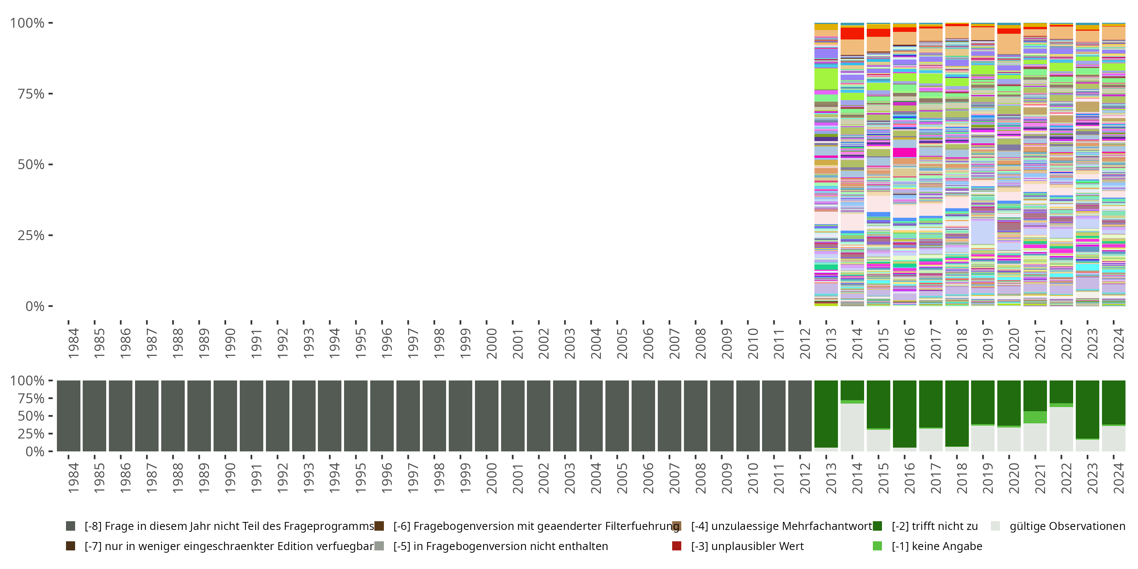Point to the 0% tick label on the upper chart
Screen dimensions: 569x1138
pyautogui.click(x=35, y=306)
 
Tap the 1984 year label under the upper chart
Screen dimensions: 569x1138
pyautogui.click(x=73, y=343)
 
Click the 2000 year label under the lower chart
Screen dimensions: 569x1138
pyautogui.click(x=491, y=478)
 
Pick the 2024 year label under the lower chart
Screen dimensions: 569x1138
pyautogui.click(x=1119, y=478)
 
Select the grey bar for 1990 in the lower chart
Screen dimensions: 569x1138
pyautogui.click(x=225, y=416)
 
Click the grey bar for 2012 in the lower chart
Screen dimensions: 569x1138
pyautogui.click(x=800, y=416)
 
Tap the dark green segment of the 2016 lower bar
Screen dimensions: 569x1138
pyautogui.click(x=905, y=413)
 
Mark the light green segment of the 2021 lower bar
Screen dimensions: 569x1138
pyautogui.click(x=1035, y=417)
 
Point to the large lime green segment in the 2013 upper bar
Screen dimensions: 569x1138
pyautogui.click(x=826, y=79)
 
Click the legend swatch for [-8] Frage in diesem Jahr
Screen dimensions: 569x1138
pyautogui.click(x=70, y=526)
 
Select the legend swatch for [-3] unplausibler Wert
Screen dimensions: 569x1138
pyautogui.click(x=676, y=546)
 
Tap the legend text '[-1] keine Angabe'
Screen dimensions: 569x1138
pyautogui.click(x=937, y=546)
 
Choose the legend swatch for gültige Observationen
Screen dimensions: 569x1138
pyautogui.click(x=995, y=526)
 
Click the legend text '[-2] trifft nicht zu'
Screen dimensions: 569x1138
pyautogui.click(x=934, y=526)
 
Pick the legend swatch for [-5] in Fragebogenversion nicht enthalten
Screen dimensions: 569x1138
pyautogui.click(x=379, y=546)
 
